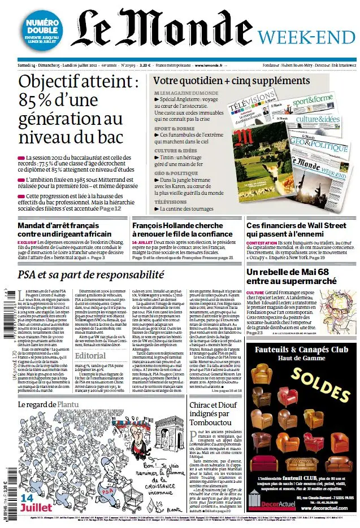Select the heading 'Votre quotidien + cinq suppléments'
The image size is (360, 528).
[x=224, y=81]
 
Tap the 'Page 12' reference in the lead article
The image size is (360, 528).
[x=110, y=208]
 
